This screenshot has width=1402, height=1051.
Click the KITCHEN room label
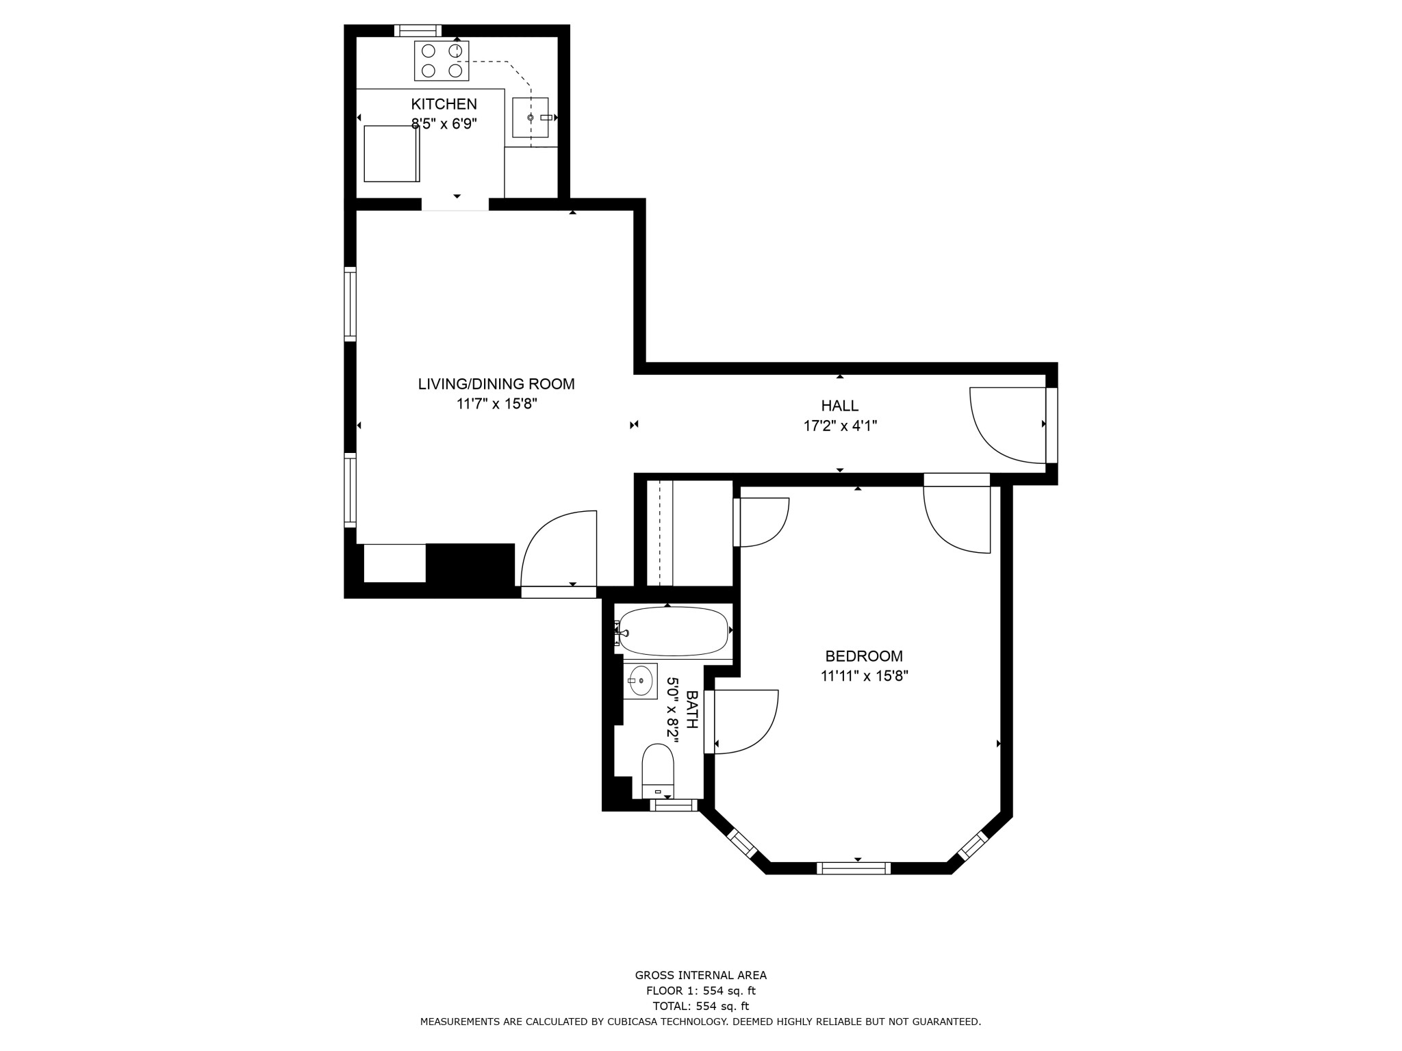(x=444, y=104)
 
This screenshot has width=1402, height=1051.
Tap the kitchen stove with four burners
(x=442, y=61)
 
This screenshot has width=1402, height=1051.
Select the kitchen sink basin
(x=531, y=117)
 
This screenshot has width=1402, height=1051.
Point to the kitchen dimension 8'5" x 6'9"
(x=444, y=124)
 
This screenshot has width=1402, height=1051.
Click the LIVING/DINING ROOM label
(x=496, y=384)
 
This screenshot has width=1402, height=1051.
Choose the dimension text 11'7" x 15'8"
(x=496, y=404)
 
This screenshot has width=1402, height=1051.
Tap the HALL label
(x=840, y=406)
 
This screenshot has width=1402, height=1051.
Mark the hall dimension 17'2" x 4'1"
(x=840, y=426)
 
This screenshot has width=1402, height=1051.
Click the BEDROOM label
(x=864, y=656)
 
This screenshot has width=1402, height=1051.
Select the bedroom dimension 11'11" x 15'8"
(x=864, y=676)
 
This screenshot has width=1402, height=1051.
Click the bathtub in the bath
(x=673, y=632)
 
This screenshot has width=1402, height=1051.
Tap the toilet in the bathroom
(x=658, y=771)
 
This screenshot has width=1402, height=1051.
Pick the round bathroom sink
(x=641, y=681)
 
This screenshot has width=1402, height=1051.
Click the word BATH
(x=691, y=709)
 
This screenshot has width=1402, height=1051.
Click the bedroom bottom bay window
(x=854, y=868)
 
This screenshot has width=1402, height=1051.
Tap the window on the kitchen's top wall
(x=418, y=30)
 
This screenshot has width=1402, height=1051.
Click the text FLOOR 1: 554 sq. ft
(x=700, y=991)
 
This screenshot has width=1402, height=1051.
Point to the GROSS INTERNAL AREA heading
(x=700, y=976)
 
